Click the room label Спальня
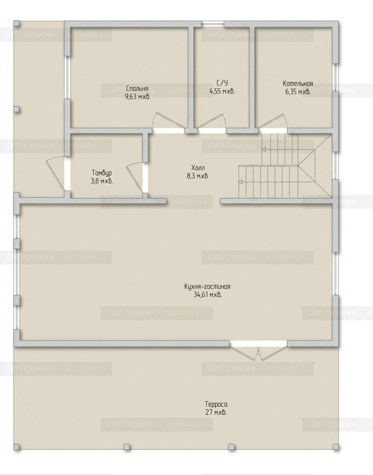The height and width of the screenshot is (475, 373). [x=137, y=89]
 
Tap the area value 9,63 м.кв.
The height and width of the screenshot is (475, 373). [x=138, y=97]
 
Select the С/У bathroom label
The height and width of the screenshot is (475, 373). [x=222, y=83]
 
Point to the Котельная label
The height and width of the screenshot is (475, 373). [x=298, y=84]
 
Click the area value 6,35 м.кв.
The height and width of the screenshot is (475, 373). [x=298, y=92]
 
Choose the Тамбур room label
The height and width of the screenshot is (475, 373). [x=102, y=173]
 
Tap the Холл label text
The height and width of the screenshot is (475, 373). [x=198, y=167]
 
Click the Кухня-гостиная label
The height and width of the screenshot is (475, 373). [x=207, y=287]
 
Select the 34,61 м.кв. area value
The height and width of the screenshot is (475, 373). [x=207, y=295]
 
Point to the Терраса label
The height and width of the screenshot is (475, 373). [x=216, y=404]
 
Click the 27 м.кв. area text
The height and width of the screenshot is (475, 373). [x=216, y=412]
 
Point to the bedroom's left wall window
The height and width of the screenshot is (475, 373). [x=68, y=78]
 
